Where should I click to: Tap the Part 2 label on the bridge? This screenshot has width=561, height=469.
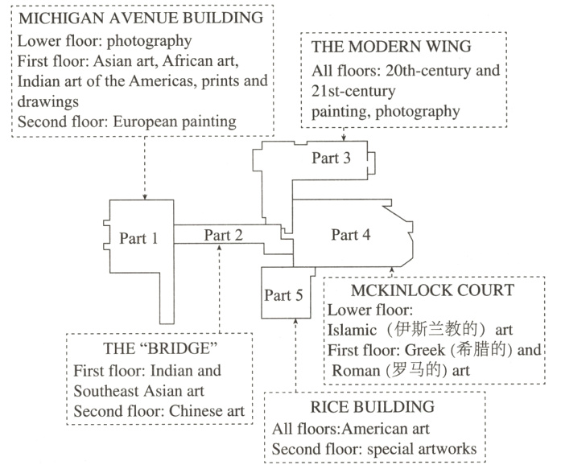click(223, 235)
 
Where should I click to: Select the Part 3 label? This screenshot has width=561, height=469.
click(332, 158)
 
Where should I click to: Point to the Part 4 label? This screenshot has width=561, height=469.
click(351, 235)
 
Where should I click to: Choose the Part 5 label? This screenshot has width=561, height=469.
click(284, 295)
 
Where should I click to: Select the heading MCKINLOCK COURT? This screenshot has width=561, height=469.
click(433, 290)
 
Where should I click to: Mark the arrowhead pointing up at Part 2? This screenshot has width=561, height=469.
click(220, 249)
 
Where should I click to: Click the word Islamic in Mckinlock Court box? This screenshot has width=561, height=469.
click(351, 330)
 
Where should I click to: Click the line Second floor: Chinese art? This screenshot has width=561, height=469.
click(158, 412)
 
